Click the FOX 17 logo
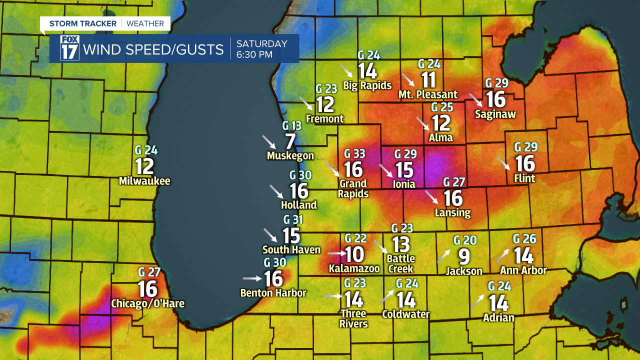69,48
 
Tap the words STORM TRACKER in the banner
82,23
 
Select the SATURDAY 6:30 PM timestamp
261,49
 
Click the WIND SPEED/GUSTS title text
153,49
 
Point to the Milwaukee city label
144,181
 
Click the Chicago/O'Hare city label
147,303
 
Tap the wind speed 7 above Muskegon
290,141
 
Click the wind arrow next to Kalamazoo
335,254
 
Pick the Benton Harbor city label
273,293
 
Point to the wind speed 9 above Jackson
464,257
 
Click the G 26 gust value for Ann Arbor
524,239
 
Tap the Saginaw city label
495,114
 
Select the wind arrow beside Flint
504,163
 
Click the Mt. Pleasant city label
427,94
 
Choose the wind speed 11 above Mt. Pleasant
428,80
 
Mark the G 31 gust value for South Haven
293,219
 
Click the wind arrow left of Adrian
477,301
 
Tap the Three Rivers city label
353,318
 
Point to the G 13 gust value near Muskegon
292,125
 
